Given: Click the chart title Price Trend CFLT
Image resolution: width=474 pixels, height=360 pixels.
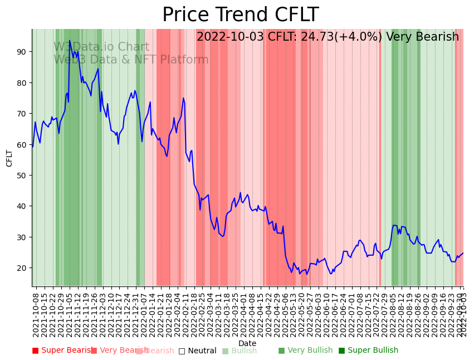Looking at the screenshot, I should coord(240,15).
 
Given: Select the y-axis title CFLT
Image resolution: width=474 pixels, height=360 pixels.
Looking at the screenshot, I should coord(9,158).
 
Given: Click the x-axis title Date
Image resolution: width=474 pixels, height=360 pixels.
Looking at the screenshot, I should coord(247,344).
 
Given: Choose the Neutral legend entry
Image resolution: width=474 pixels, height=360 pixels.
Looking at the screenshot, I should coord(197,351).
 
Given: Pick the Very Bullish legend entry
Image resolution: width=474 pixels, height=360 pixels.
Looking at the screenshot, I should coord(305,351).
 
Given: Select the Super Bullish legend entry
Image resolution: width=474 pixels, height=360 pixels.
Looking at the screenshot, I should coord(368,351).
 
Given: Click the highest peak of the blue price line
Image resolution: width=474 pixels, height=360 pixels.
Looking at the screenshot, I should coord(70,41).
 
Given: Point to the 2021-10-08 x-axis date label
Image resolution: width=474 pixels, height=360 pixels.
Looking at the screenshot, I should coord(36,313).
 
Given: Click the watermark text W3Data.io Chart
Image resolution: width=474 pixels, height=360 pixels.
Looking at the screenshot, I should coord(101,47).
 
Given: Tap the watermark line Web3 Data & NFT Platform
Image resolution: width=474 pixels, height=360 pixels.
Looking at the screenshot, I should coord(131,60).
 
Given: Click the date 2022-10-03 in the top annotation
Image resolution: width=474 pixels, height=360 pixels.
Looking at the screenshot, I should coord(231,37).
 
